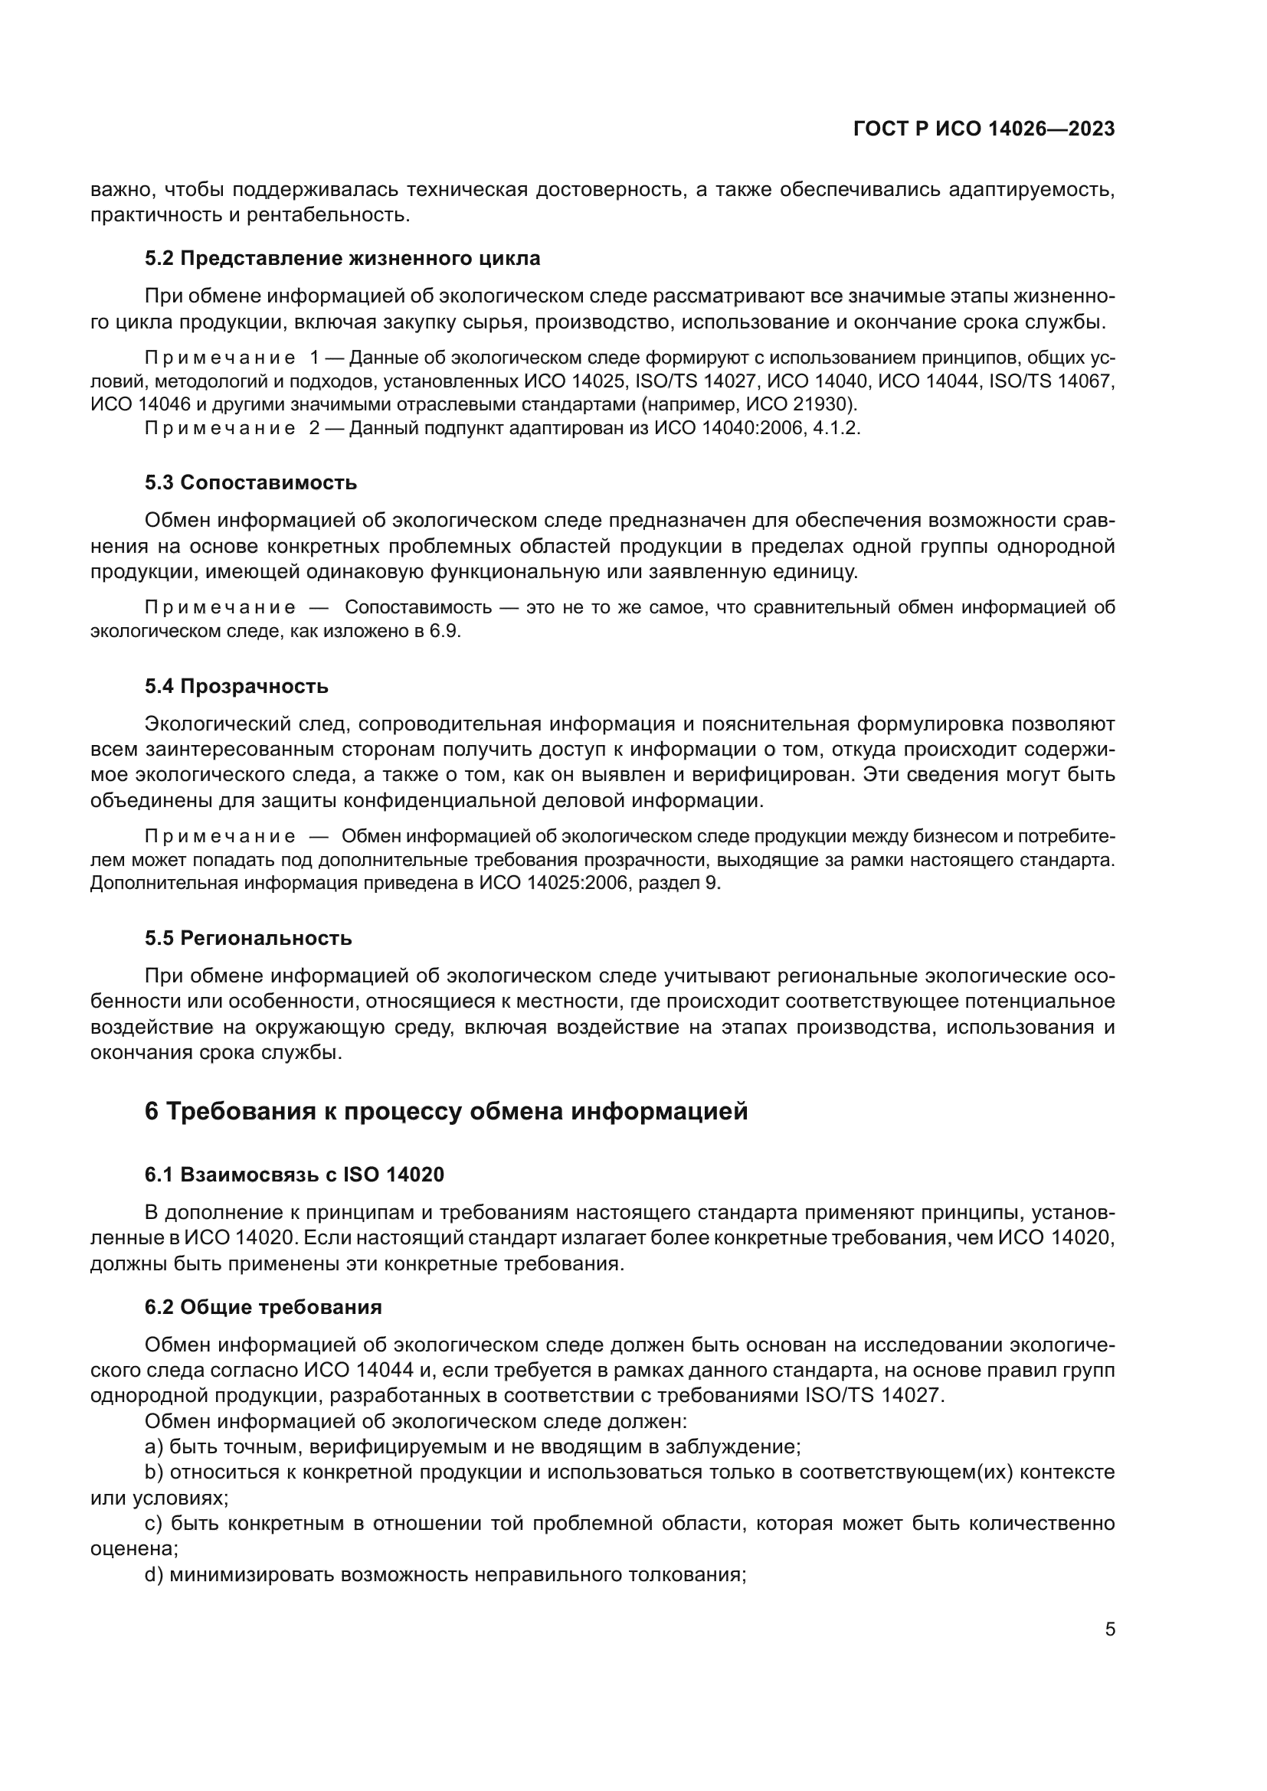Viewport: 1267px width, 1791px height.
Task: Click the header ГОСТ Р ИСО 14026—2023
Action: coord(984,129)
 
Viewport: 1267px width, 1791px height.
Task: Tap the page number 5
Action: coord(1110,1629)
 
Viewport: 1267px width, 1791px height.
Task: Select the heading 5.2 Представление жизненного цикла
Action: coord(342,259)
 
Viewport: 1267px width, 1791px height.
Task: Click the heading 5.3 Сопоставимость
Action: coord(250,483)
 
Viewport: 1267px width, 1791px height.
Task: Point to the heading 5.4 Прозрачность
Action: coord(237,686)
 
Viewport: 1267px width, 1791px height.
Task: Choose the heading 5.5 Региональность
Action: coord(248,939)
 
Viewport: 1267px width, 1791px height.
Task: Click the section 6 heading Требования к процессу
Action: coord(446,1111)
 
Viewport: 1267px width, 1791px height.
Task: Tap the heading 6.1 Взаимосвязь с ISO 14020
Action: coord(294,1175)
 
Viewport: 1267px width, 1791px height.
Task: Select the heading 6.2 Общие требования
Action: coord(263,1307)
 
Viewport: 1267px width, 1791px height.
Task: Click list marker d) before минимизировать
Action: coord(154,1575)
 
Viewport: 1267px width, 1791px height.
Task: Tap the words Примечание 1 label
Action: coord(231,358)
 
